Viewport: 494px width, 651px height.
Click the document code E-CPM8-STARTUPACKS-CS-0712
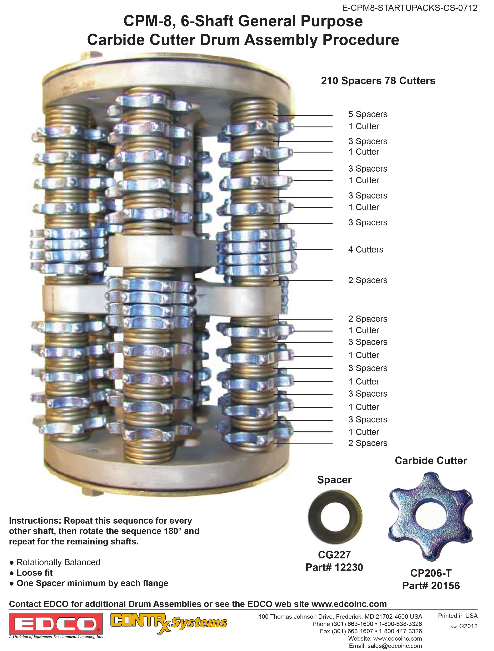point(410,8)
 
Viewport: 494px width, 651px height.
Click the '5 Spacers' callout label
point(368,114)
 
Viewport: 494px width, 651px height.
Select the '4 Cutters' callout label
point(366,250)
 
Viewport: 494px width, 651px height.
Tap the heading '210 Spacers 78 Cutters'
point(378,81)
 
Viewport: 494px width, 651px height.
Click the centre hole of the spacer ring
point(335,517)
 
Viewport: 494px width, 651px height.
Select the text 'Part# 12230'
point(334,567)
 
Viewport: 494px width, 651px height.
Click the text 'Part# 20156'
point(431,586)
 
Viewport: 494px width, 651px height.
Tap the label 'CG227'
point(334,555)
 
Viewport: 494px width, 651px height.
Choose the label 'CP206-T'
point(431,573)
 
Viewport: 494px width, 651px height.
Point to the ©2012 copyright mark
point(468,626)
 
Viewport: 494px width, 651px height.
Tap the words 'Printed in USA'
point(458,616)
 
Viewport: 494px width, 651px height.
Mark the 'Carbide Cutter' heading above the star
point(431,461)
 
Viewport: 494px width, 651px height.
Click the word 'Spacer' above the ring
point(334,480)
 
